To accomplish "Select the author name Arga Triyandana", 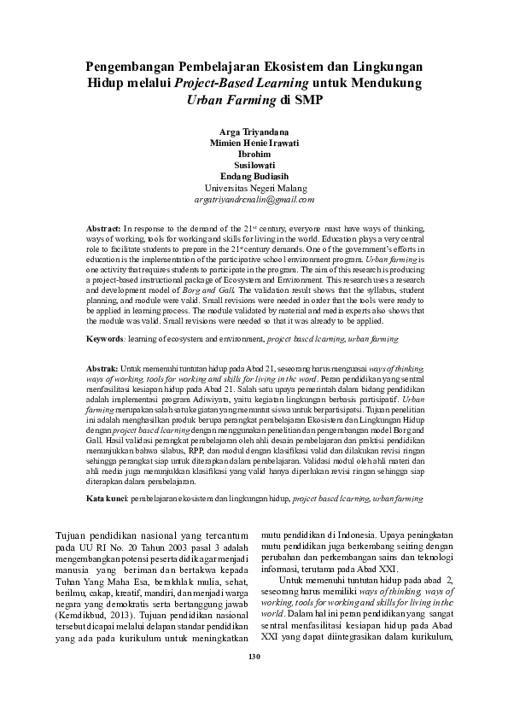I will click(x=254, y=131).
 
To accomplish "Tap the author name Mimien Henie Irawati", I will click(x=254, y=143).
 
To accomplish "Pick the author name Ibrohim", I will click(x=254, y=155).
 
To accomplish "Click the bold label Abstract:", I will click(x=105, y=231).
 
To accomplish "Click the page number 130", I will click(x=254, y=656).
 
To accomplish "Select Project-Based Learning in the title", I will click(x=230, y=83).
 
